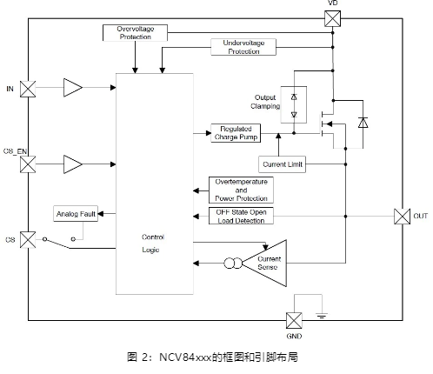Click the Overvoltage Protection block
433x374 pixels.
pyautogui.click(x=135, y=33)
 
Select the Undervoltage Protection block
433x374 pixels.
pyautogui.click(x=243, y=47)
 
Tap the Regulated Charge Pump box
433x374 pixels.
pyautogui.click(x=236, y=133)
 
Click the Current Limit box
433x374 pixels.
pyautogui.click(x=282, y=164)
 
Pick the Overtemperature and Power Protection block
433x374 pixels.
pyautogui.click(x=241, y=190)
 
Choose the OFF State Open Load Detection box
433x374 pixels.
pyautogui.click(x=241, y=216)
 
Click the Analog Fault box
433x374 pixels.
pyautogui.click(x=76, y=214)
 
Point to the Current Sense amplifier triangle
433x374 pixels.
pyautogui.click(x=264, y=264)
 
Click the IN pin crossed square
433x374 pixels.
pyautogui.click(x=28, y=89)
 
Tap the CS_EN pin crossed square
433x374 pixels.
pyautogui.click(x=28, y=164)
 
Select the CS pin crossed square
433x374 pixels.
pyautogui.click(x=28, y=240)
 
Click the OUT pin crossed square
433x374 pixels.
pyautogui.click(x=403, y=217)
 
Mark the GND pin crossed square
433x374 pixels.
pyautogui.click(x=294, y=321)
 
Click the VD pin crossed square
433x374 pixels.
pyautogui.click(x=332, y=18)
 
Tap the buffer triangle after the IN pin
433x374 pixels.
pyautogui.click(x=73, y=87)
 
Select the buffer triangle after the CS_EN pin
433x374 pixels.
pyautogui.click(x=73, y=164)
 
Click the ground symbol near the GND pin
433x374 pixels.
pyautogui.click(x=322, y=316)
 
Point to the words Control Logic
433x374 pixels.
pyautogui.click(x=152, y=244)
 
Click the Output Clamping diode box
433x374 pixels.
pyautogui.click(x=294, y=104)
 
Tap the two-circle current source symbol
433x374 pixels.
pyautogui.click(x=233, y=264)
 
